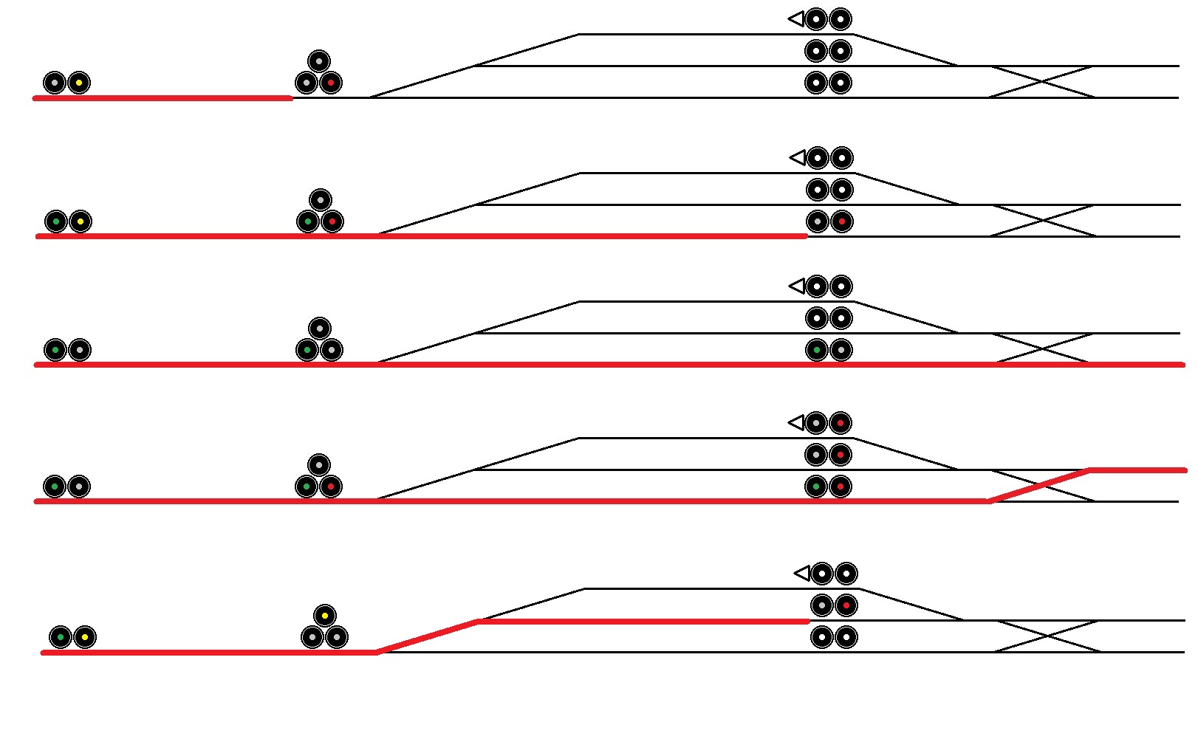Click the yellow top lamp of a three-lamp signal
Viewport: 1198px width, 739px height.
pyautogui.click(x=324, y=615)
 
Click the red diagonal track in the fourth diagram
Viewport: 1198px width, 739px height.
pyautogui.click(x=1040, y=485)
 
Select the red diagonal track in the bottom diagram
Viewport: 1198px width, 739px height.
pyautogui.click(x=428, y=637)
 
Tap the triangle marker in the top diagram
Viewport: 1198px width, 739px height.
pyautogui.click(x=796, y=18)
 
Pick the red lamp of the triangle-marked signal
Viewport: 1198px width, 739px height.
pyautogui.click(x=840, y=423)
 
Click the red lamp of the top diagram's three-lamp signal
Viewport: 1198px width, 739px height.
pyautogui.click(x=331, y=83)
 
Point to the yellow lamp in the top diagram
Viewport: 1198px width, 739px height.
pyautogui.click(x=79, y=83)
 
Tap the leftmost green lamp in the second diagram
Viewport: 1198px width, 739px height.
pyautogui.click(x=55, y=221)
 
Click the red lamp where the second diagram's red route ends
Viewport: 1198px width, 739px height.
pyautogui.click(x=841, y=221)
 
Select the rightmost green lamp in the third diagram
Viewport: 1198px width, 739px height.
pyautogui.click(x=816, y=349)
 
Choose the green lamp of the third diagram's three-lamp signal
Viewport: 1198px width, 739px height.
pyautogui.click(x=307, y=349)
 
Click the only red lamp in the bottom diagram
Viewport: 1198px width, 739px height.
pyautogui.click(x=846, y=605)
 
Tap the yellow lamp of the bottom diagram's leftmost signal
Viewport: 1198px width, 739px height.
pyautogui.click(x=85, y=637)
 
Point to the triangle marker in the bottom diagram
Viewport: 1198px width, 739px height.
pyautogui.click(x=801, y=573)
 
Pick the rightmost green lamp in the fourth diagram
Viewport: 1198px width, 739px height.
pyautogui.click(x=815, y=487)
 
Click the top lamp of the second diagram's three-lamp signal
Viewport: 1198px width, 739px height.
pyautogui.click(x=320, y=199)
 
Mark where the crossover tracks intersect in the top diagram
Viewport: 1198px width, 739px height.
pyautogui.click(x=1041, y=81)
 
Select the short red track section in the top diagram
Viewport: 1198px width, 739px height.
pyautogui.click(x=162, y=97)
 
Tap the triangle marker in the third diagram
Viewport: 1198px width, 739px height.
pyautogui.click(x=797, y=286)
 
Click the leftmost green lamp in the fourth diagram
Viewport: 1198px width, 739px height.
pyautogui.click(x=55, y=487)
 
